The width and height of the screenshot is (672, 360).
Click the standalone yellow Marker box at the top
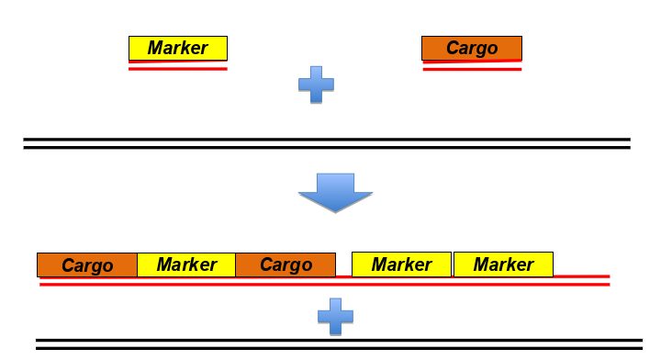[x=177, y=48]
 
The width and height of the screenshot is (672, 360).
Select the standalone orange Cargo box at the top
[x=472, y=48]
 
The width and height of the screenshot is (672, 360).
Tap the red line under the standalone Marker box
[x=177, y=68]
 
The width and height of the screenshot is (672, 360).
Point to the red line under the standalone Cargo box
[x=472, y=68]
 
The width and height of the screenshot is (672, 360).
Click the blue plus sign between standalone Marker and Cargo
[x=316, y=84]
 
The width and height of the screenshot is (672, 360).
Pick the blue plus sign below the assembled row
[x=335, y=316]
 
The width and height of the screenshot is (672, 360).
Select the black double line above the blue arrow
[x=327, y=142]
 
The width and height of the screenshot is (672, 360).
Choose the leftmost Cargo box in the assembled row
[x=87, y=264]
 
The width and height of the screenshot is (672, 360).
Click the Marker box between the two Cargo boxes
[x=186, y=264]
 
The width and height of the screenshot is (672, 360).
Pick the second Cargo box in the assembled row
[x=286, y=264]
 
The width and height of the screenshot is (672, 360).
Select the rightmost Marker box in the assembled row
[x=503, y=264]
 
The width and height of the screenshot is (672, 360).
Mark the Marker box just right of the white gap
[x=401, y=264]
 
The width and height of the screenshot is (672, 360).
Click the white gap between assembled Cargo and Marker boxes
[x=343, y=264]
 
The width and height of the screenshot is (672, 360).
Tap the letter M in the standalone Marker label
[x=155, y=48]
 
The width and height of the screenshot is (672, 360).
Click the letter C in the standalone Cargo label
[x=452, y=48]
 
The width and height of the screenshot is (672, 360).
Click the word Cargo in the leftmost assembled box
[x=87, y=265]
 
